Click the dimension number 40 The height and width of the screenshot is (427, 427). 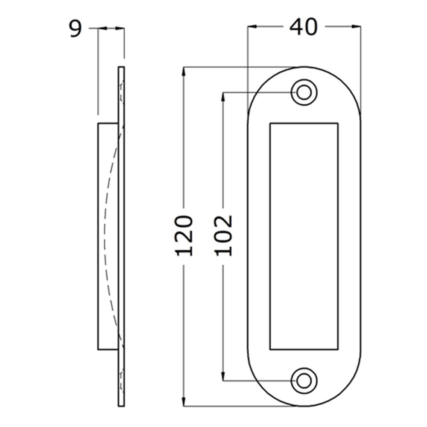tap(304, 27)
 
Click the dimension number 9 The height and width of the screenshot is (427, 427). tap(75, 29)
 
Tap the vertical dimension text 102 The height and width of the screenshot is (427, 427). tap(223, 236)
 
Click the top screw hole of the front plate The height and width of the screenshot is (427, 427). tap(304, 92)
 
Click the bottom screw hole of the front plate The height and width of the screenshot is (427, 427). tap(304, 380)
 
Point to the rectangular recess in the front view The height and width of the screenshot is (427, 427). tap(304, 236)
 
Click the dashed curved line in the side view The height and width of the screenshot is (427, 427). tap(105, 236)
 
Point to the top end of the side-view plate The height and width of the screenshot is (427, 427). tap(121, 68)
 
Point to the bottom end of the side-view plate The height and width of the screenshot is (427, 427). tap(121, 404)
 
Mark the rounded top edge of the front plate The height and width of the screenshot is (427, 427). tap(304, 67)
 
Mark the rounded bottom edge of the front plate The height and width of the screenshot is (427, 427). tap(304, 405)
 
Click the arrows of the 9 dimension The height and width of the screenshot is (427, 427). tap(111, 29)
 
